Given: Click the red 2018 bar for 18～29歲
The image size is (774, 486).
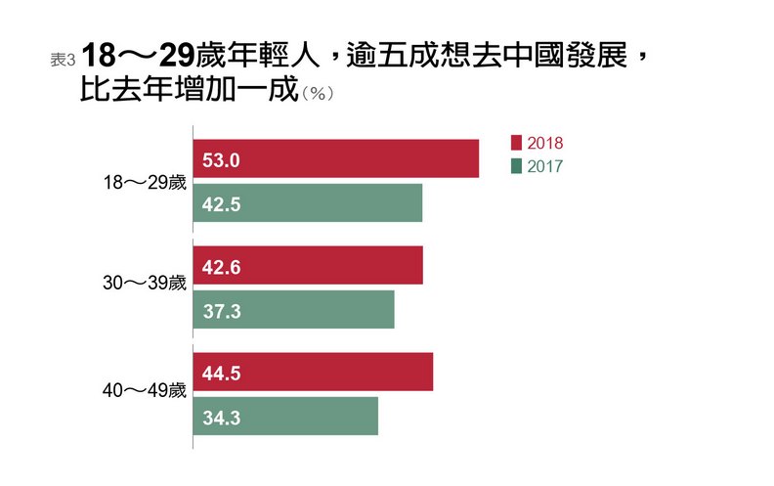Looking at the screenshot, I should [x=335, y=158].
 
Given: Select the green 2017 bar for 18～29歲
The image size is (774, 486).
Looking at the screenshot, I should [x=307, y=203].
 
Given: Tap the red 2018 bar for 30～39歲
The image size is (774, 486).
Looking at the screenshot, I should [x=308, y=265].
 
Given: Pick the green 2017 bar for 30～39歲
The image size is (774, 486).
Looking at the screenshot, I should [x=293, y=309].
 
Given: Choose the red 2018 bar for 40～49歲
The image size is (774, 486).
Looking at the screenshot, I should [x=313, y=372].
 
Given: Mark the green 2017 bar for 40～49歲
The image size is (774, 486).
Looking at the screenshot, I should [x=284, y=416].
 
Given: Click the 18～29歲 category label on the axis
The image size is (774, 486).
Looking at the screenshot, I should [x=144, y=181].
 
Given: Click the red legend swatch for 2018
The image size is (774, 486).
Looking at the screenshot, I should [x=516, y=143].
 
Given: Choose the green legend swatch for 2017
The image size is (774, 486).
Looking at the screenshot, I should [x=516, y=166].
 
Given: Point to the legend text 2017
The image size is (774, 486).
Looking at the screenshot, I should [x=545, y=166].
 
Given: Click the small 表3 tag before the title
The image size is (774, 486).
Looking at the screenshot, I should [x=63, y=59].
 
